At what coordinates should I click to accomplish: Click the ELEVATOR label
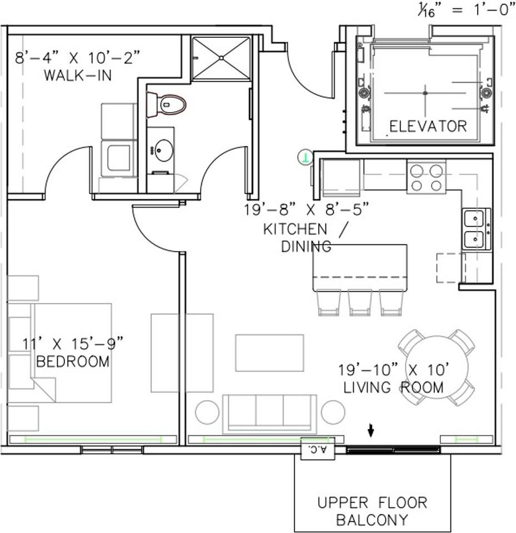pos(428,126)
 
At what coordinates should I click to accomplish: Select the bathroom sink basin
pos(163,150)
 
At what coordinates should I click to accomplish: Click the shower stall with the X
pos(221,58)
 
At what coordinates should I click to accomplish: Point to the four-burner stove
pos(426,178)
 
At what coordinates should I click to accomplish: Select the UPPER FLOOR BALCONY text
pos(372,511)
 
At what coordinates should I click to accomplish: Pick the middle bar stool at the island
pos(360,302)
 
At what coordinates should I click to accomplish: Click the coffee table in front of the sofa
pos(269,353)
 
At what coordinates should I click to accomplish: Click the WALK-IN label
pos(77,75)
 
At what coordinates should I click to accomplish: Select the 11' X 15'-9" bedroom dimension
pos(73,343)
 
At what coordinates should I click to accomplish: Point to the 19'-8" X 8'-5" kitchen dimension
pos(306,211)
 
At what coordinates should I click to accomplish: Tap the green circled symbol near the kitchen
pos(304,158)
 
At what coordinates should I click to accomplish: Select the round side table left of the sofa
pos(207,412)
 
